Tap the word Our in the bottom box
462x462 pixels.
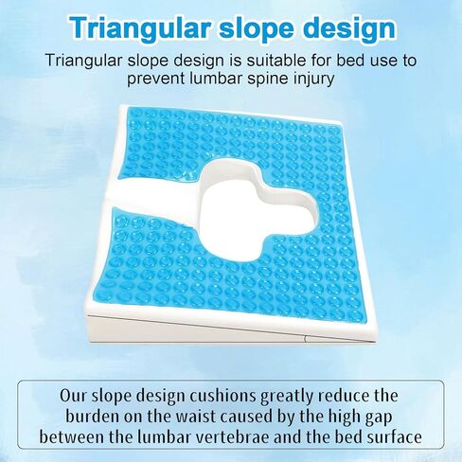(73, 396)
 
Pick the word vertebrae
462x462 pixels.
(232, 437)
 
